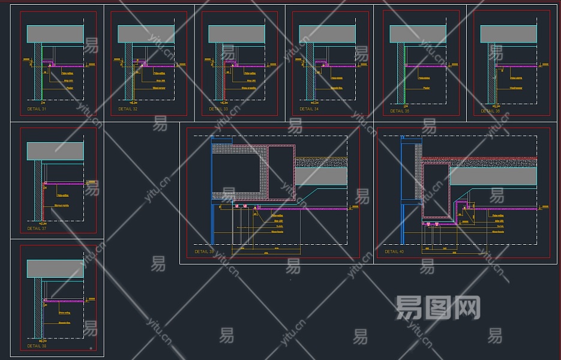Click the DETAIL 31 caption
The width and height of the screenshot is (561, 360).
point(37,109)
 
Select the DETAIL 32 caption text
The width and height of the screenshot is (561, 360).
point(128,109)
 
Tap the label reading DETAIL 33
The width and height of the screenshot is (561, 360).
point(218,109)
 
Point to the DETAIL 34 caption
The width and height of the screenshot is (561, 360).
point(309,109)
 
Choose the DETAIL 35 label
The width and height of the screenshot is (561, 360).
point(400,111)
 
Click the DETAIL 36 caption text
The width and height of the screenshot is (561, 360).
point(490,111)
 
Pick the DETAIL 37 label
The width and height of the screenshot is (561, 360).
point(37,229)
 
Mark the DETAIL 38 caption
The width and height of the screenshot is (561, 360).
point(37,346)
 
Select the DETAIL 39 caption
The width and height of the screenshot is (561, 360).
point(204,252)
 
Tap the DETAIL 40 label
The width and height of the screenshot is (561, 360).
point(394,252)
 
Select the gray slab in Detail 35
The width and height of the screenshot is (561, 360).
point(418,34)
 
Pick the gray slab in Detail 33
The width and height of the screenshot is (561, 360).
point(236,34)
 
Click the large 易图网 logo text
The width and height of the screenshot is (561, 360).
point(439,308)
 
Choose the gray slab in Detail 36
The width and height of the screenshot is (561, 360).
point(509,34)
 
